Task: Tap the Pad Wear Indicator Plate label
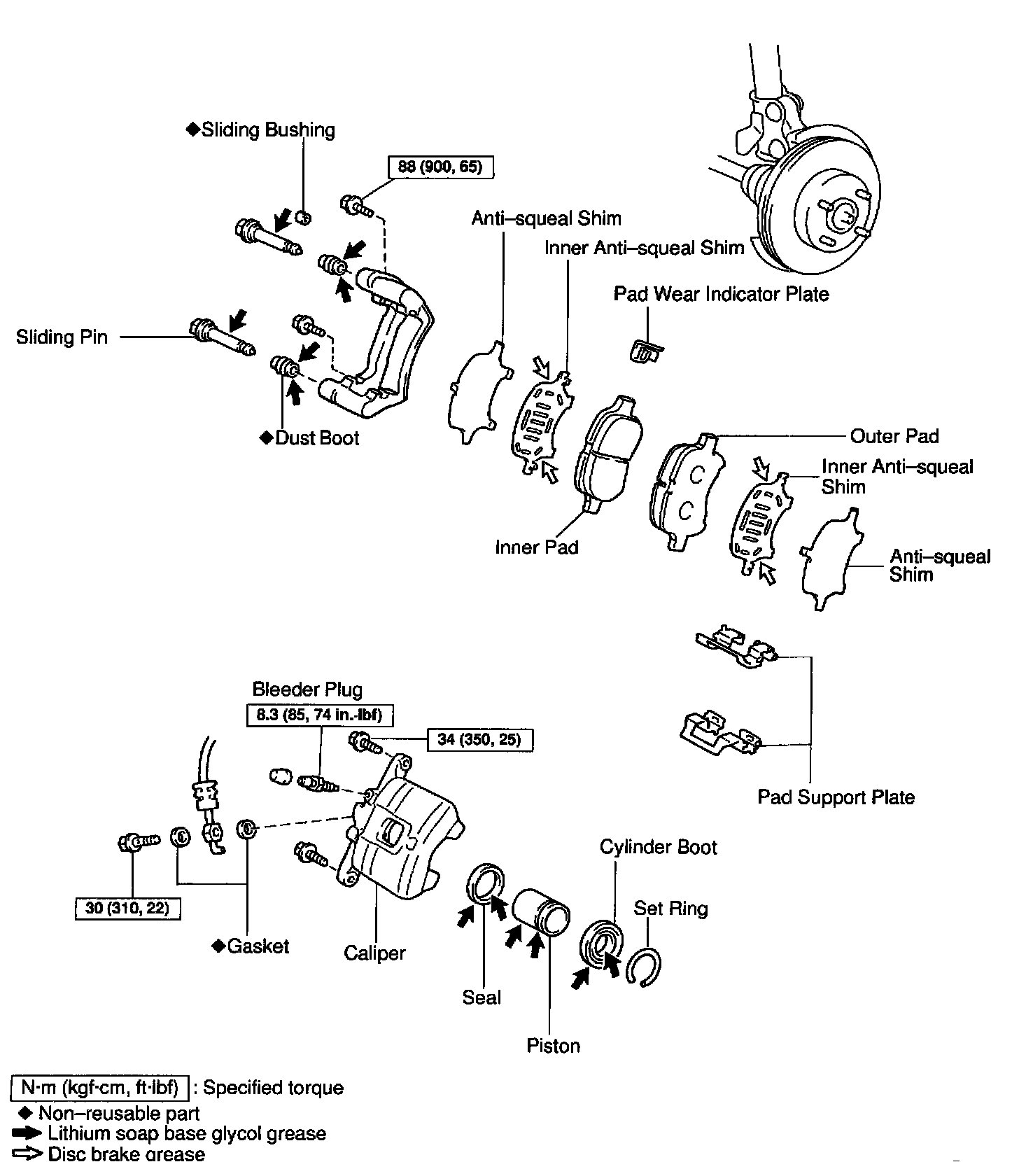pos(721,294)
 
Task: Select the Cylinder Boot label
pos(658,847)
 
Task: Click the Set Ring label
pos(670,909)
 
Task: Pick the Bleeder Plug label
pos(307,689)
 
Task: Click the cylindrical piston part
pos(542,911)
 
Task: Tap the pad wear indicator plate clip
pos(644,351)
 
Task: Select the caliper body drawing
pos(399,833)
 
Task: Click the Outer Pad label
pos(894,436)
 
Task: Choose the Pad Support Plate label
pos(836,797)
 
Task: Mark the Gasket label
pos(258,946)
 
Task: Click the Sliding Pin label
pos(62,337)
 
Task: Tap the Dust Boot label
pos(316,438)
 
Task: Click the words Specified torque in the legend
pos(273,1088)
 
